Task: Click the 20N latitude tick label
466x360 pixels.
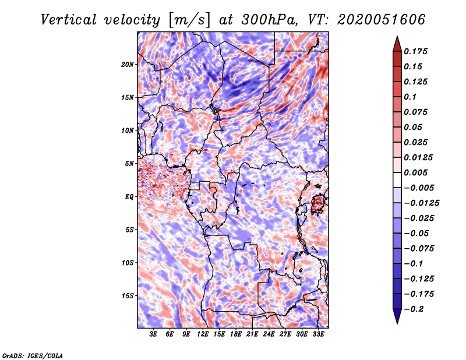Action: (x=128, y=64)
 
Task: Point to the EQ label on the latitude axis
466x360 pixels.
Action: (x=129, y=197)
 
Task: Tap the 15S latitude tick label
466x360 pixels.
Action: (x=128, y=296)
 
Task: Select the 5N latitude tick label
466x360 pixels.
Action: (x=129, y=164)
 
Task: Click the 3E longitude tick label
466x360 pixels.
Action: (x=153, y=334)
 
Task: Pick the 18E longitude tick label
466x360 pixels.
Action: (x=236, y=334)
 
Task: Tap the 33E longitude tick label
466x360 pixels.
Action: (x=319, y=334)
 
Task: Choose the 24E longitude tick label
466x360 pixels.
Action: (x=269, y=334)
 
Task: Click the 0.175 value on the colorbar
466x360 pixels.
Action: (x=417, y=51)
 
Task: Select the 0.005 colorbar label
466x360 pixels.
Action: (x=417, y=172)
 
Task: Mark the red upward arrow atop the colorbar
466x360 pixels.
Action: (x=397, y=43)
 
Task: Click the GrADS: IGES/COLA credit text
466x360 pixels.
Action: (x=32, y=355)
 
